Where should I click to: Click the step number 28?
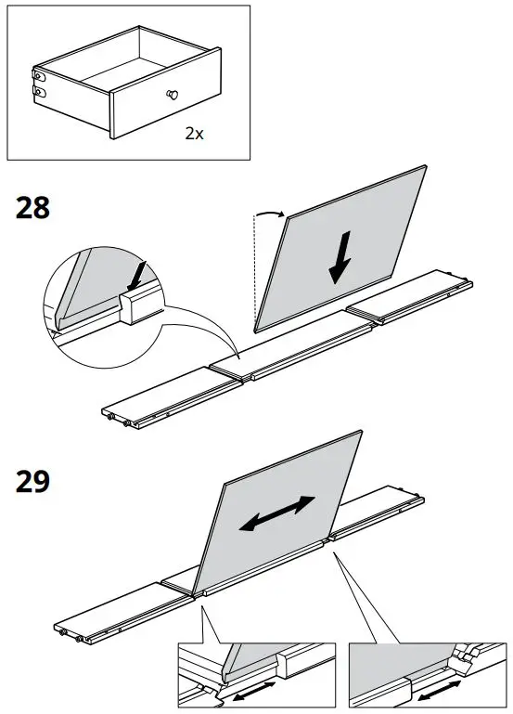tap(33, 208)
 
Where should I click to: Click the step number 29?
tap(33, 483)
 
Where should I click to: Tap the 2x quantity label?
tap(193, 134)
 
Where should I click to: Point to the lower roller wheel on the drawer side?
tap(39, 91)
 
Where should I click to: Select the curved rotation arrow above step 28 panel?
tap(269, 214)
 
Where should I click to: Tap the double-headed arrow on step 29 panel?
tap(276, 513)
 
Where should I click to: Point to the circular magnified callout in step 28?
tap(105, 300)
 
